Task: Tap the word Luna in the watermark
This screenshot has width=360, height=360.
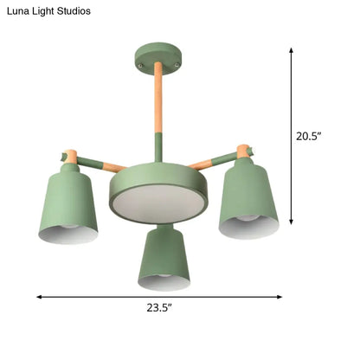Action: pos(20,10)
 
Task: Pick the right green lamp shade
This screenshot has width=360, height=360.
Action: pos(249,197)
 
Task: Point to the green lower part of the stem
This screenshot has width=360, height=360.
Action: pos(157,147)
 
